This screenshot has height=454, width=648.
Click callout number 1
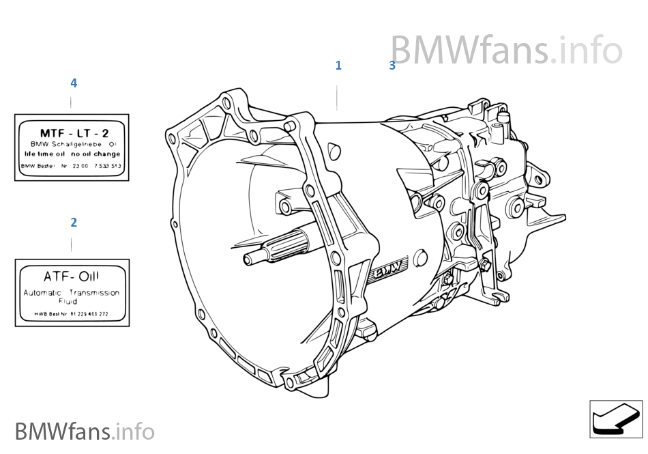pos(338,66)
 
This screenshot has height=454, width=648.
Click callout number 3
pos(392,66)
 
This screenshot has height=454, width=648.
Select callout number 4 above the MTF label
pos(74,83)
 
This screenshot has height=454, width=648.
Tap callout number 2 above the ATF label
pos(74,223)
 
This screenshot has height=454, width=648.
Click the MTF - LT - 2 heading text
pos(74,133)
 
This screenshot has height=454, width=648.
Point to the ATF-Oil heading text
pos(71,276)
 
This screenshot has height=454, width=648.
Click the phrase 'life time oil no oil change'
pos(72,154)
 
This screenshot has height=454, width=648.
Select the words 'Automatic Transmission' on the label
pos(72,292)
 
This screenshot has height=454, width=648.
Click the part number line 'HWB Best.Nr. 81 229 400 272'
pos(72,315)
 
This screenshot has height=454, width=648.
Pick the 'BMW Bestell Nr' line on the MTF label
pos(72,166)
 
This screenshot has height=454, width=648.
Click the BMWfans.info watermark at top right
pos(505,51)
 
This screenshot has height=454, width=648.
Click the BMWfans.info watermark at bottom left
pos(85,431)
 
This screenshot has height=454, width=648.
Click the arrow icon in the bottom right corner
pos(615,418)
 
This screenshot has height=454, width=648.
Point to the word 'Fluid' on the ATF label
pos(68,300)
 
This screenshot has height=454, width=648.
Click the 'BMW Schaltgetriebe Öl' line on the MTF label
pos(73,145)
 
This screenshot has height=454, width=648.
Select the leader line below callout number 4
pos(71,102)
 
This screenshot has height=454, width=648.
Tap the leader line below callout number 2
pos(72,244)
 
